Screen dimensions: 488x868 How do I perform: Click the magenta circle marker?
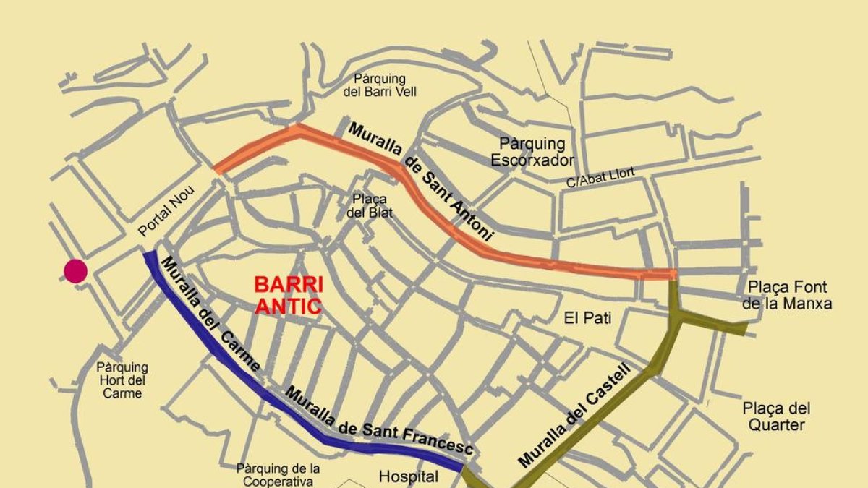point(75,271)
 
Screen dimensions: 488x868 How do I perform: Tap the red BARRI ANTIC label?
point(288,295)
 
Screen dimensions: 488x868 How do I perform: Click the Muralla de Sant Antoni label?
point(420,181)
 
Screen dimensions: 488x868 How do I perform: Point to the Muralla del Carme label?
point(210,314)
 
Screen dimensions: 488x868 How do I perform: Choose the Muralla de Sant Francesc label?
point(378,421)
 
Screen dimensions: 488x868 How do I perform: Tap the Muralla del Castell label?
point(574,416)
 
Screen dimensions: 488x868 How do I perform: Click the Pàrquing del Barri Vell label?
point(380,85)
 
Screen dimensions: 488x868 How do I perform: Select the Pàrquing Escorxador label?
point(532,152)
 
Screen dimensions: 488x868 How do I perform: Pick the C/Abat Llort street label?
point(600,177)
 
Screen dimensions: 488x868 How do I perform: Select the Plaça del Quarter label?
point(776,416)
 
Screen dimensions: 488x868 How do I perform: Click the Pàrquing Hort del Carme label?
point(122,380)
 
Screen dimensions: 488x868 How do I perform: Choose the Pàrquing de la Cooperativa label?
point(278,475)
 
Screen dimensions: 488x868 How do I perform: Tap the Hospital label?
point(409,476)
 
